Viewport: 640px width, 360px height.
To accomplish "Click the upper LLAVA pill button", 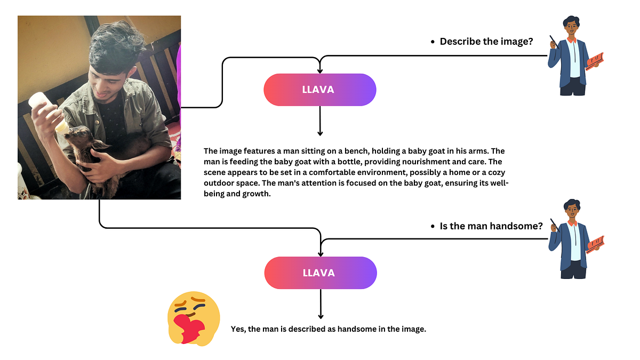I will coord(319,90).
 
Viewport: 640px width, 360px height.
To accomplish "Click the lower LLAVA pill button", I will coord(320,273).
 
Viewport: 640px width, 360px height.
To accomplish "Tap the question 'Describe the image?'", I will coord(486,41).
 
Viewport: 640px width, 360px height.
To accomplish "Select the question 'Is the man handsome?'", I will coord(491,226).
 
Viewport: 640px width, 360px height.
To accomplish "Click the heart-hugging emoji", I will coord(193,317).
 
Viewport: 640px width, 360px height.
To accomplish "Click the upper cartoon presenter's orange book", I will coord(595,61).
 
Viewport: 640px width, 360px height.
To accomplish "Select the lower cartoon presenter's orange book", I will coord(595,244).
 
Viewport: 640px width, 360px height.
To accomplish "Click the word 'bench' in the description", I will coord(345,151).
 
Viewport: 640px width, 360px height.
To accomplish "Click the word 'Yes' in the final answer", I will coord(238,330).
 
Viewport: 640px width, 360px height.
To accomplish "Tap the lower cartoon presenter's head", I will coord(571,210).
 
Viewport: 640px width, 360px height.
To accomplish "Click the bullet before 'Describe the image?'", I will coord(433,42).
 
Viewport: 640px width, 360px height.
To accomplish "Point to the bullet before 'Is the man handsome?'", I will coord(433,227).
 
